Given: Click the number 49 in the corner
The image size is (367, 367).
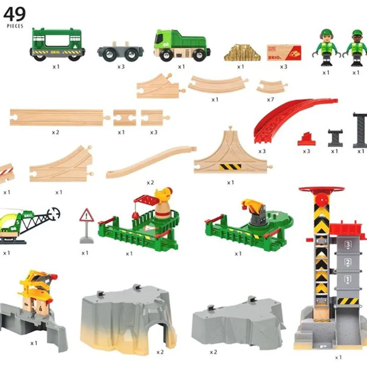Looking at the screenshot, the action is (14, 14).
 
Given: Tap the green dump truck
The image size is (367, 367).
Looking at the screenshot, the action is (182, 45).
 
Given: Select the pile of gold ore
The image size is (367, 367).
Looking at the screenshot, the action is (242, 52).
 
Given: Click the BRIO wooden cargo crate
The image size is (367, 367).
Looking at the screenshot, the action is (284, 53).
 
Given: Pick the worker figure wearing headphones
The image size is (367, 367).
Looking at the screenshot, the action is (326, 48).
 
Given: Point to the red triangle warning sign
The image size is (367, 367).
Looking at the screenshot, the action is (86, 215).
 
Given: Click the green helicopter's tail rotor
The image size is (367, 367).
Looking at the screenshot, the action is (53, 214).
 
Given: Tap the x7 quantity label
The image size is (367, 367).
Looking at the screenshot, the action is (270, 100).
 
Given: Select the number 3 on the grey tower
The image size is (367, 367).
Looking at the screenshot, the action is (348, 245).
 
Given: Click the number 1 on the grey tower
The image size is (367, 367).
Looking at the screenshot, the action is (347, 279).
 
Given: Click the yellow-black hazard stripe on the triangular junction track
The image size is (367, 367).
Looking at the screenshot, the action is (230, 167).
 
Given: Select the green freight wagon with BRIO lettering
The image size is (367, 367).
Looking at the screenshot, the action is (57, 44).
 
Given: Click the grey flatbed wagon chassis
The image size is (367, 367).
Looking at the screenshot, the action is (121, 51).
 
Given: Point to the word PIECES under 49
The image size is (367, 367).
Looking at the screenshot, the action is (15, 26).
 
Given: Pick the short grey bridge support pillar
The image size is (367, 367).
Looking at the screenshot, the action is (335, 138).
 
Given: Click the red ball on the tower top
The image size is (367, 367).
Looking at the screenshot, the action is (322, 200).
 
